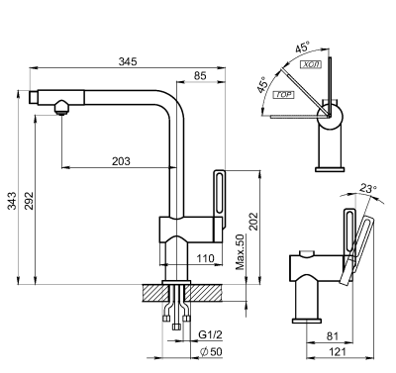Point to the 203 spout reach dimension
(x=120, y=160)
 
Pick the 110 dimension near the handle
(x=206, y=258)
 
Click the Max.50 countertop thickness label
(x=241, y=253)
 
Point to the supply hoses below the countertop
(x=179, y=309)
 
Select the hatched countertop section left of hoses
(x=155, y=293)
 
